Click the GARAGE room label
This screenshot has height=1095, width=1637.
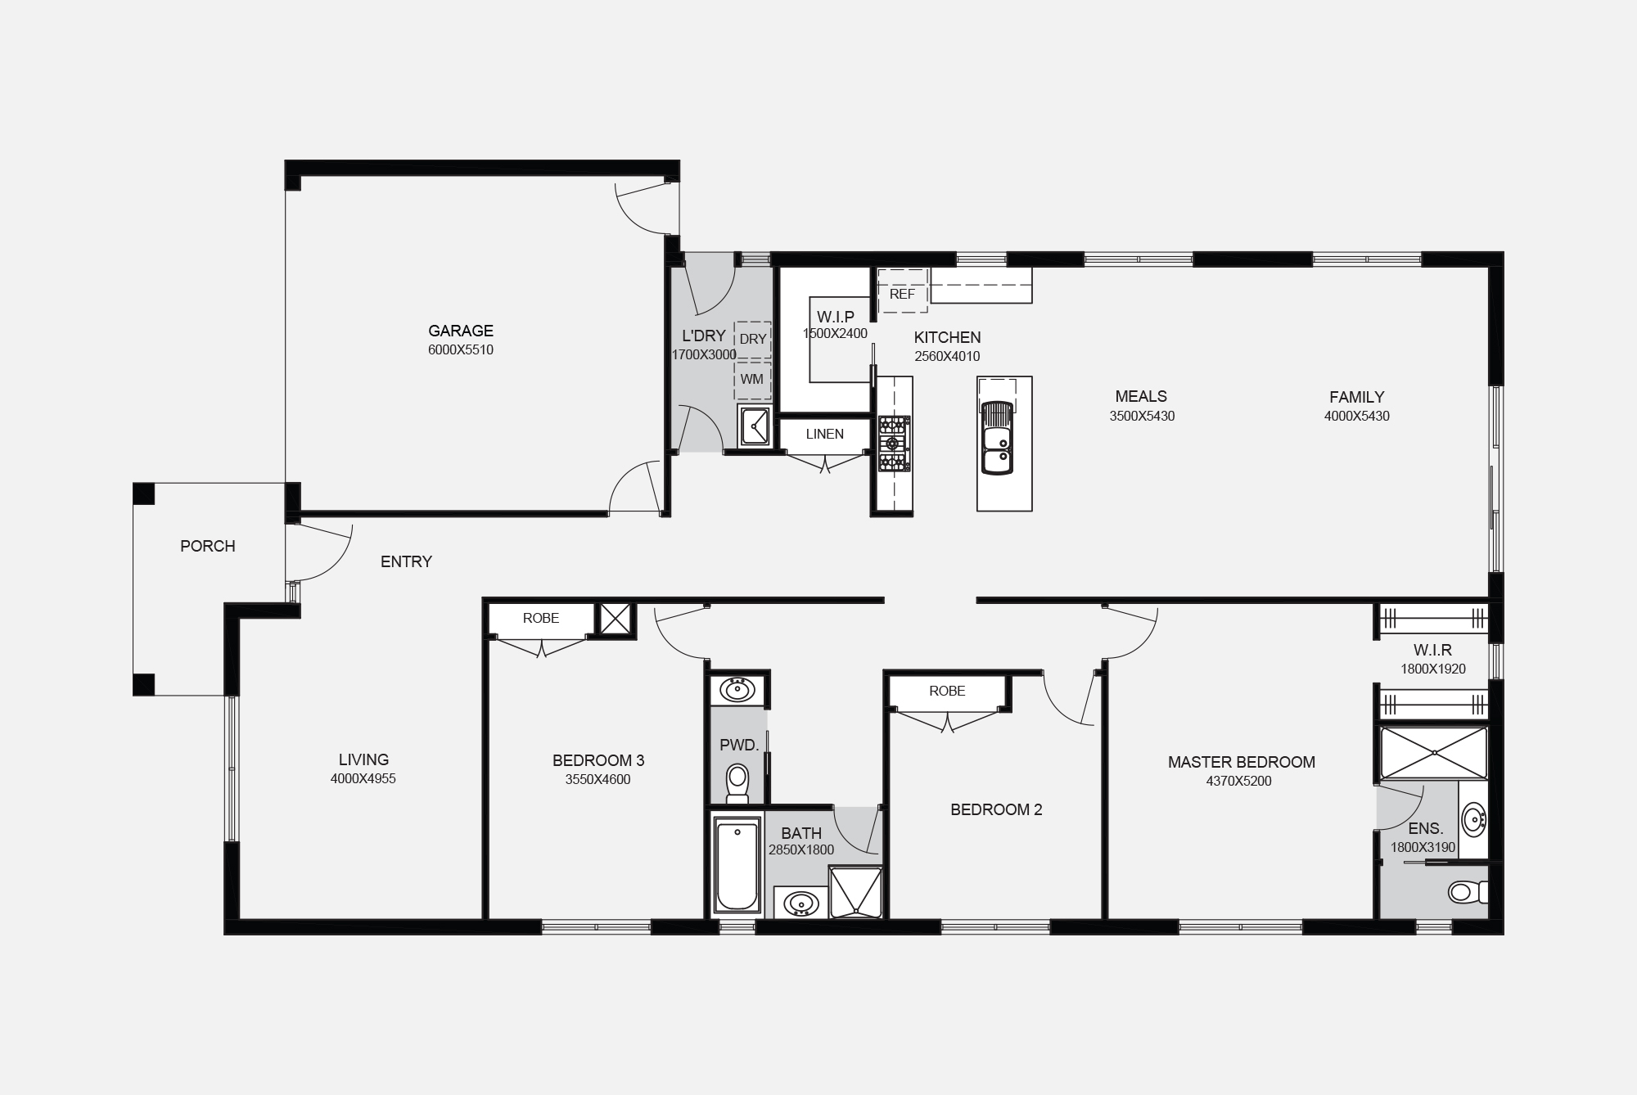click(461, 331)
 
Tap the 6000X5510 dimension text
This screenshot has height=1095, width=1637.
click(461, 350)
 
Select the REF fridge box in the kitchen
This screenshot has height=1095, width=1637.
click(902, 293)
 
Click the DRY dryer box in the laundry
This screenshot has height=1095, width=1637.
click(752, 339)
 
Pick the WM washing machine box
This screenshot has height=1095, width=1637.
click(751, 379)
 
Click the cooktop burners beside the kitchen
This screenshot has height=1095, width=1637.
click(894, 444)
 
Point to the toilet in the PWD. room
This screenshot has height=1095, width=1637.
click(737, 782)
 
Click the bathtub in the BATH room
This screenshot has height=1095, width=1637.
click(737, 866)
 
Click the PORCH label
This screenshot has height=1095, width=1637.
click(208, 546)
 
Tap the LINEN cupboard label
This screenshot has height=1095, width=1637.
click(824, 434)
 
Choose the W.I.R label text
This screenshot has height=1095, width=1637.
click(1432, 650)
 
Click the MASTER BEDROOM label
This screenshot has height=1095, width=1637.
click(1241, 762)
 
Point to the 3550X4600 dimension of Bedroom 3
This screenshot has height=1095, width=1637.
click(598, 780)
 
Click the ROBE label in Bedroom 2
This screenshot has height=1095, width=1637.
click(947, 691)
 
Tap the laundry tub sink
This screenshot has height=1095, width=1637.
click(754, 425)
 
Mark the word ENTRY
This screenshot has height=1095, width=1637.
click(406, 561)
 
